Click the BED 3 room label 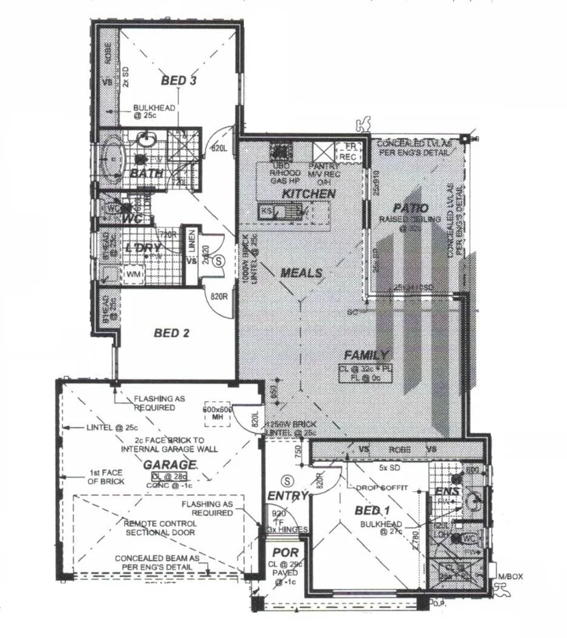point(179,81)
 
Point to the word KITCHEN point(309,194)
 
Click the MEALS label point(301,273)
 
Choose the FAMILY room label point(365,355)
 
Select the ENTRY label point(288,496)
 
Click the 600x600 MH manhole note point(219,413)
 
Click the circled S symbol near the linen point(219,260)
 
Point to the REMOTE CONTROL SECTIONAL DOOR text point(161,527)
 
